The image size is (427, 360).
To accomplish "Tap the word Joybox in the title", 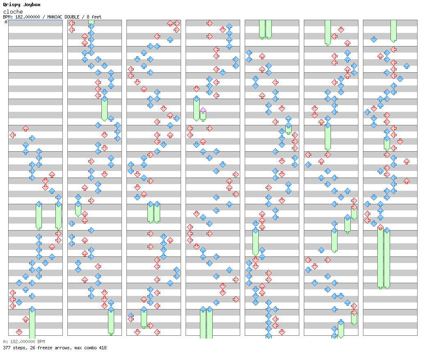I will (32, 5).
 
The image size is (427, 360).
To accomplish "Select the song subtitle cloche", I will (13, 12).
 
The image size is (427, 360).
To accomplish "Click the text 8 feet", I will (94, 17).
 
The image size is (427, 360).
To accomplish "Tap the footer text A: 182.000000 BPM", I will (24, 342).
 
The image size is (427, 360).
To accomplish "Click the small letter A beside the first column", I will (6, 22).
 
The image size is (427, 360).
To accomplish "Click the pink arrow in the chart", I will (203, 111).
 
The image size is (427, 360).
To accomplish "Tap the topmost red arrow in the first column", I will (25, 128).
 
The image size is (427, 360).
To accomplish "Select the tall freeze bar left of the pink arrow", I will (196, 109).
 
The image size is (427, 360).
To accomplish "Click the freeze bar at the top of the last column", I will (393, 31).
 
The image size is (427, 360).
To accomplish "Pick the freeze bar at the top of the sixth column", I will (328, 32).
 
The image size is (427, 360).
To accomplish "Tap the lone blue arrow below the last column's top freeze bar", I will (374, 39).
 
